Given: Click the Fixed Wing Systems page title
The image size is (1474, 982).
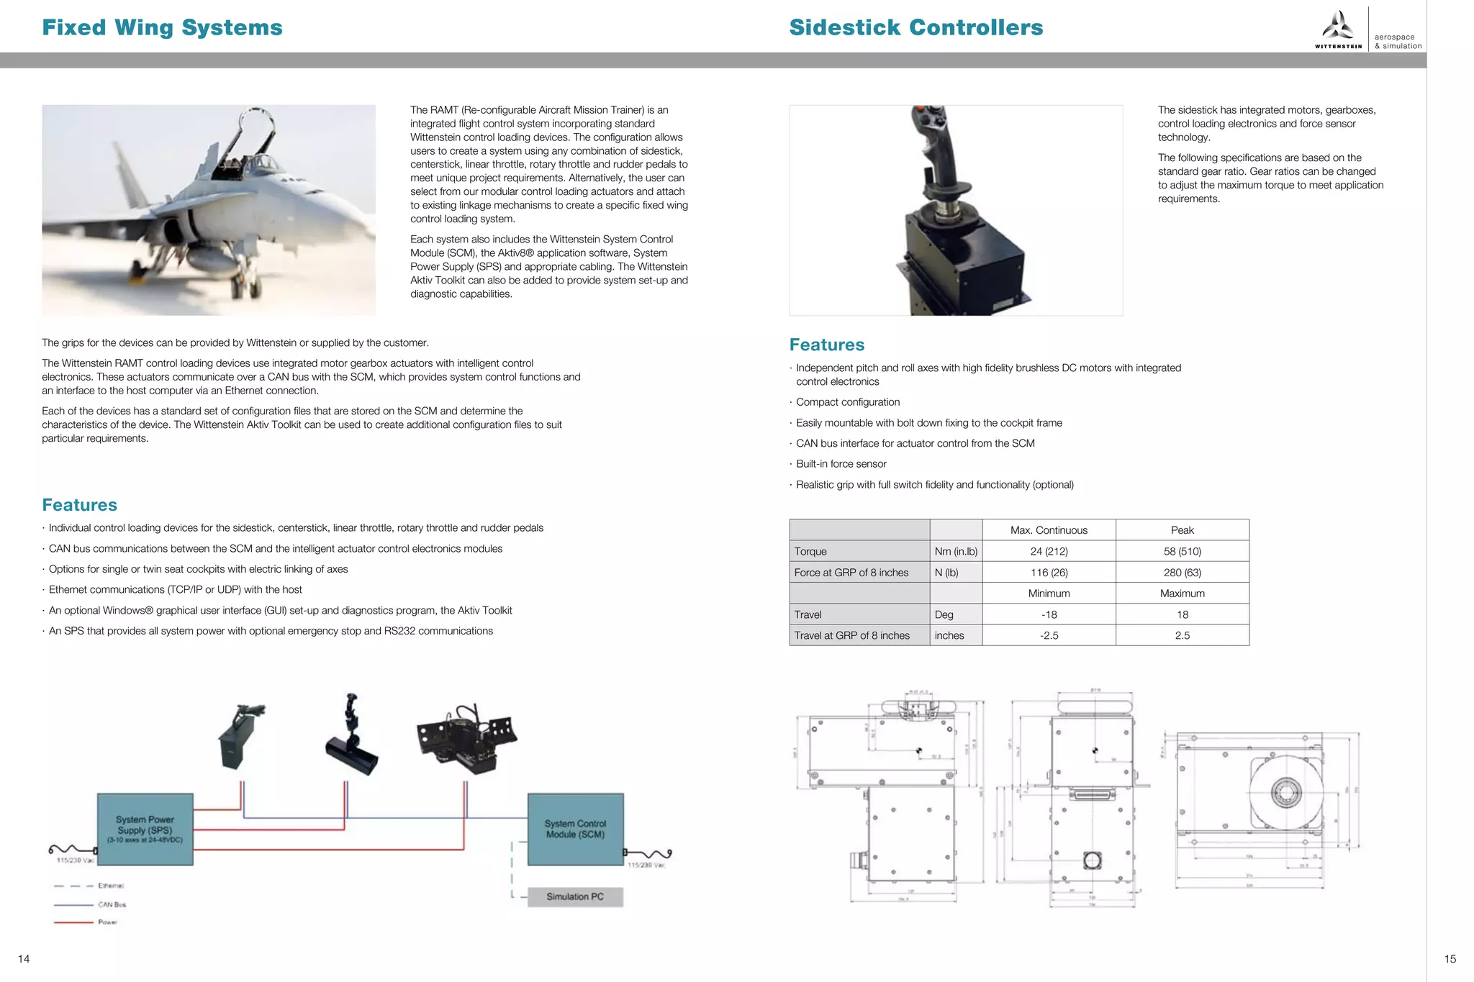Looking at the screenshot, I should point(162,27).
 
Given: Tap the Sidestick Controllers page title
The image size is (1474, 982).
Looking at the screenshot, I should point(915,27).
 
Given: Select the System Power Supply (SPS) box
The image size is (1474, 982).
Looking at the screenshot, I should point(145,829).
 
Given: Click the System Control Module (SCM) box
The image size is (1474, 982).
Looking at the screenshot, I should point(575,829).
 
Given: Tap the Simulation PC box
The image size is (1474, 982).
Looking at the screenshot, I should point(574,896).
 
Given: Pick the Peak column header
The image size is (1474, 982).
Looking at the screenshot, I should point(1182,530).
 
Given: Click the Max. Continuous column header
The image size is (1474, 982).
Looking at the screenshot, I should point(1049,530).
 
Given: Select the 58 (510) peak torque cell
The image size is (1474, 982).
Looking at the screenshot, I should point(1182,551).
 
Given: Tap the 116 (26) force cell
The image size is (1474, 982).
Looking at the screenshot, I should point(1049,573).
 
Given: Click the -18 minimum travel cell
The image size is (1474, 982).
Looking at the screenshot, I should point(1049,614).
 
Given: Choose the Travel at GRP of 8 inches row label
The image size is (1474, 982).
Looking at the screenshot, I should point(851,635).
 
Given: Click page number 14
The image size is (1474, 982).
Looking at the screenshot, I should point(24,958).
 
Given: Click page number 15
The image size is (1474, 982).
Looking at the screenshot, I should point(1450,958).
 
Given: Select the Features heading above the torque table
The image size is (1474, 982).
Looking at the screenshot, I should point(826,345).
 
